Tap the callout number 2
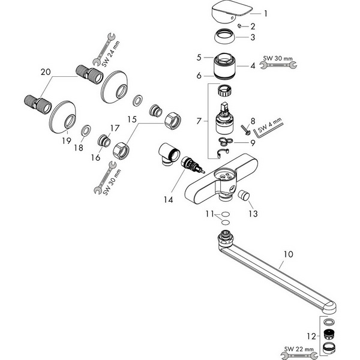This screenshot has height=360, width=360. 253,26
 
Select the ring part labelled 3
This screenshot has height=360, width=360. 225,36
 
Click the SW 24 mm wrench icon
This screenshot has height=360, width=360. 104,49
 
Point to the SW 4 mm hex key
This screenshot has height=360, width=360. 268,129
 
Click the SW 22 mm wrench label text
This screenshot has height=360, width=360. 299,349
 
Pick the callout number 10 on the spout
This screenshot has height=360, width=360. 289,254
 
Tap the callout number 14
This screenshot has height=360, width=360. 168,200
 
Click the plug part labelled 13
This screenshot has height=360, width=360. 244,195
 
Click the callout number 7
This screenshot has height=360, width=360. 199,121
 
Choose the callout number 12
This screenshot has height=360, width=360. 311,337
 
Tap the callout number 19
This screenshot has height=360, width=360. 67,140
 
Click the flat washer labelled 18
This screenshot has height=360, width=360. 86,131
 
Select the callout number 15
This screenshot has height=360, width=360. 132,119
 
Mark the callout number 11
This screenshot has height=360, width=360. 209,214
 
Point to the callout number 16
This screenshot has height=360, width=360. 95,157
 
